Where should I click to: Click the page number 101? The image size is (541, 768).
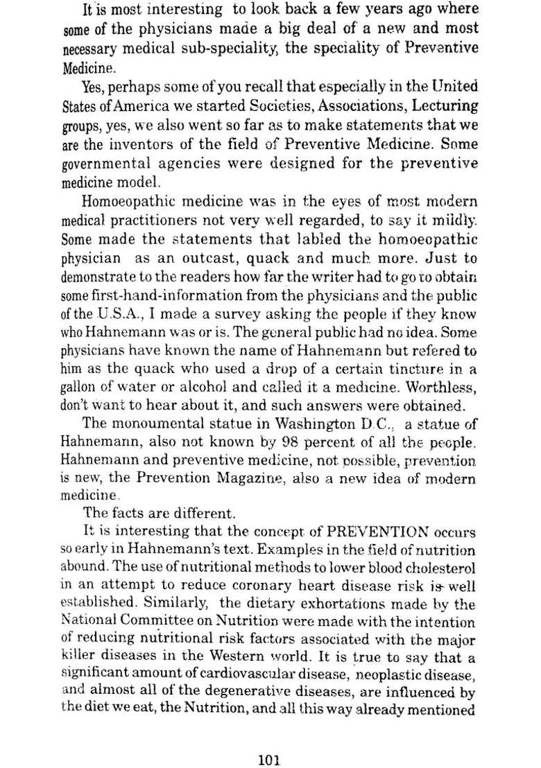pos(268,741)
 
